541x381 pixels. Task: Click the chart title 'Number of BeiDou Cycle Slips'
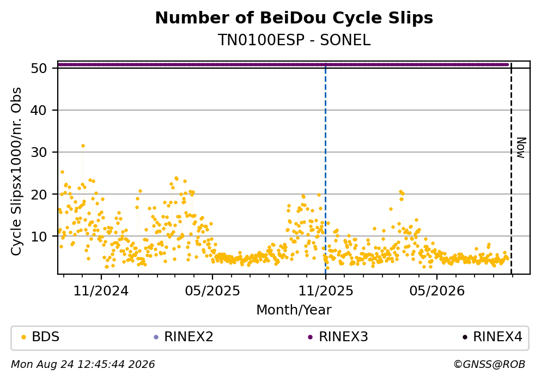click(x=294, y=18)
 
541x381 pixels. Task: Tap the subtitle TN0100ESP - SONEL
click(x=294, y=40)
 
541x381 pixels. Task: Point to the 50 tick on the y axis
click(x=39, y=68)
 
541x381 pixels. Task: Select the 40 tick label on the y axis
click(x=39, y=111)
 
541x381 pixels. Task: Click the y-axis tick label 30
click(x=39, y=152)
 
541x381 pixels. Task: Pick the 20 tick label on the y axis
click(x=39, y=194)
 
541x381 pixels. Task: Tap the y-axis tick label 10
click(x=39, y=237)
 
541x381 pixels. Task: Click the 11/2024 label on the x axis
click(x=101, y=291)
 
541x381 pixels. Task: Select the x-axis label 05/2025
click(x=212, y=291)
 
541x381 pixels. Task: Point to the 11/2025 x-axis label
click(x=326, y=291)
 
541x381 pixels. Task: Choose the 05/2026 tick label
click(x=437, y=291)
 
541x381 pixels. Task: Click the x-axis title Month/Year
click(x=294, y=310)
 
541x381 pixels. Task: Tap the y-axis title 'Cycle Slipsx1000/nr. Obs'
click(x=16, y=172)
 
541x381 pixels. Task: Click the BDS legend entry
click(x=40, y=337)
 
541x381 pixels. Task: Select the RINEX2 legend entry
click(x=184, y=337)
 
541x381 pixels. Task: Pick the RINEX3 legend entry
click(x=338, y=337)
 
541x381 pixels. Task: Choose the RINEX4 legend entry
click(x=493, y=337)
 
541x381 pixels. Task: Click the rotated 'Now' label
click(x=521, y=148)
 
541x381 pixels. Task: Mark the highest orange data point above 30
click(x=83, y=146)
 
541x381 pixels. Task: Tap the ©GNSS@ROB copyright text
click(x=489, y=365)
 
